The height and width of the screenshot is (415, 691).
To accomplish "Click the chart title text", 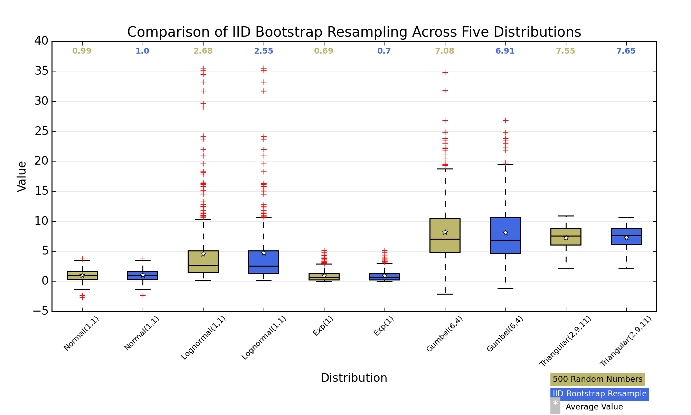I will click(354, 32).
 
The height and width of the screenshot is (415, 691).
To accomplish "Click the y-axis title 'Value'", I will click(22, 176).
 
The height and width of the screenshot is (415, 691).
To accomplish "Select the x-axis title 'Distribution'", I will click(354, 378).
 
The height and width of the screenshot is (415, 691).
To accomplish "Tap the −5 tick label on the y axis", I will click(41, 312).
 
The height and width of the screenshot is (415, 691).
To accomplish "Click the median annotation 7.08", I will click(445, 51).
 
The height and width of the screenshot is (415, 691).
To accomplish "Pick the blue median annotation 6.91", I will click(505, 51).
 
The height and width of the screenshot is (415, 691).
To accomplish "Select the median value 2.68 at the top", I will click(203, 51).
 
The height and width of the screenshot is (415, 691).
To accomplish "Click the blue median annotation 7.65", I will click(626, 51).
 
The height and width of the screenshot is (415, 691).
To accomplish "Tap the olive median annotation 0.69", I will click(324, 51).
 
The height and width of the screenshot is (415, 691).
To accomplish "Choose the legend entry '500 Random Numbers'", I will click(597, 379).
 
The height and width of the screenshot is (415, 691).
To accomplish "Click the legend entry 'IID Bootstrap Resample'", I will click(599, 394).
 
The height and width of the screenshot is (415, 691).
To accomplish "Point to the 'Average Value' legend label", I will click(594, 407).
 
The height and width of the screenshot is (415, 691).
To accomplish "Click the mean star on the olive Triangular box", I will click(566, 238).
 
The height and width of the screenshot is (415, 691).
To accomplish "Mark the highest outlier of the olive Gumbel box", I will click(445, 72).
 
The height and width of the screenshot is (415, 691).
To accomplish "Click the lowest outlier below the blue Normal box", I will click(143, 295).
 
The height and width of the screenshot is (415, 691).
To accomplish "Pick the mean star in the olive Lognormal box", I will click(203, 254).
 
